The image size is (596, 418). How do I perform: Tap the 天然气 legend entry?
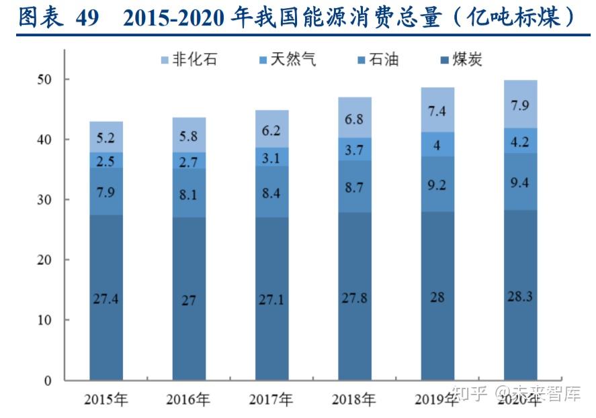(x=286, y=60)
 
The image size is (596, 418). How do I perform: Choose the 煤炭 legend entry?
(x=461, y=60)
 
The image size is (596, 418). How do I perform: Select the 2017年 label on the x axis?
(x=271, y=401)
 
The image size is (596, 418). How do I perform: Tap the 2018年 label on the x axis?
(x=354, y=401)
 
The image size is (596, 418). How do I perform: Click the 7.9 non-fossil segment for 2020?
(x=521, y=105)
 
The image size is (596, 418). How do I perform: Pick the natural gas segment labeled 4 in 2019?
(x=437, y=145)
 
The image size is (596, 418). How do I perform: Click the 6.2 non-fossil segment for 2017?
(x=271, y=130)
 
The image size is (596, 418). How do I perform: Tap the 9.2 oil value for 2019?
(x=437, y=185)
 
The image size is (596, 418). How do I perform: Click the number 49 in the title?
(x=87, y=18)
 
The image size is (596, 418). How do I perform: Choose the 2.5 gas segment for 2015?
(x=106, y=160)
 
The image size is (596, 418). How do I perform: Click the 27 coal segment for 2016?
(x=189, y=300)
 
